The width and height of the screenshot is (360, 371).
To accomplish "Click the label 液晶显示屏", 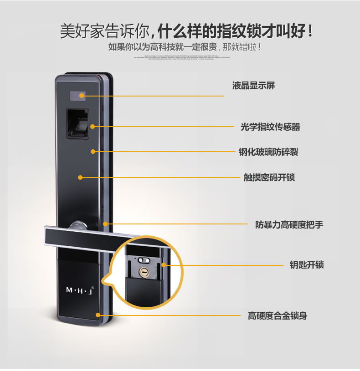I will pos(253,86).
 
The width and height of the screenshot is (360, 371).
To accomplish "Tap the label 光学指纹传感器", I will pos(270,127).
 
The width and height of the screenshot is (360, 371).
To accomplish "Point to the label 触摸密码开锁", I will pos(269,177).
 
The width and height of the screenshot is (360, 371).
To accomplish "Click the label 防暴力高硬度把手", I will pos(289,224).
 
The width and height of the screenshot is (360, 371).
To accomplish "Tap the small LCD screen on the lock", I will pos(77,96).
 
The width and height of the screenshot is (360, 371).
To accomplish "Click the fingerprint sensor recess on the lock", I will pos(77,122).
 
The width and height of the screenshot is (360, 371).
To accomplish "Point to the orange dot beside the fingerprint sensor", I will pos(93,126).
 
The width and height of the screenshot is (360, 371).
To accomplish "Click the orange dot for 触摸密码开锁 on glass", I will pos(80,177).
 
